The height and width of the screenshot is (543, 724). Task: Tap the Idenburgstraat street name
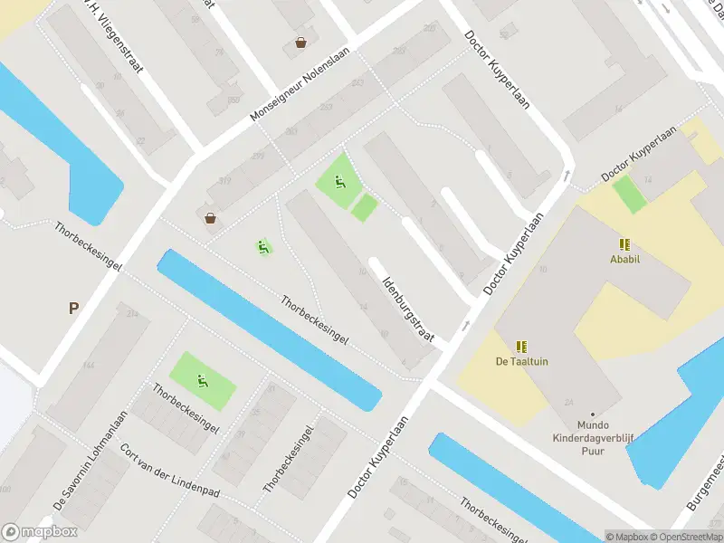pos(409,309)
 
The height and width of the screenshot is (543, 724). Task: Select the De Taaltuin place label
pos(521,361)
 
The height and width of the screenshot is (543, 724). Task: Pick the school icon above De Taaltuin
pos(521,346)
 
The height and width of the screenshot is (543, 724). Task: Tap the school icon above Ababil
pos(624,243)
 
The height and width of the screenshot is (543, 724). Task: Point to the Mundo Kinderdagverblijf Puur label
pos(592,434)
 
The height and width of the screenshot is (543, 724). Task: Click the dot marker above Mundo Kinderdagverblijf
pos(592,414)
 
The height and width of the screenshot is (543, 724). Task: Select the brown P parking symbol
pos(73,308)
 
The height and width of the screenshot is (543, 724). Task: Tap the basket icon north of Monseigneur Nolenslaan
pos(300,43)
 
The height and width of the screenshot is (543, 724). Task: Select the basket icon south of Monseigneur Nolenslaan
pos(211,217)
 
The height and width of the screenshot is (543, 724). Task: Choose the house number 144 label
pos(89,365)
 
